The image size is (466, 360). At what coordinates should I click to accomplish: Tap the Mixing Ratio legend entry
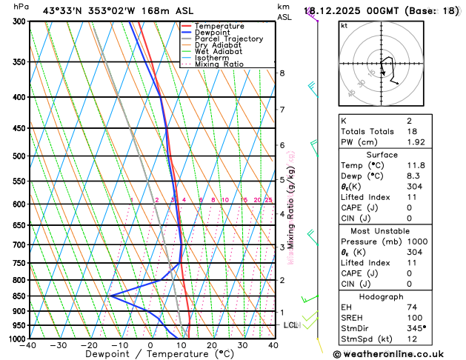click(x=219, y=64)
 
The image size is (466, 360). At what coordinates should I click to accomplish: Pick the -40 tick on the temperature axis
click(x=29, y=345)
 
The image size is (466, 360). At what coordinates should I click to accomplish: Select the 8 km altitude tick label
click(x=282, y=73)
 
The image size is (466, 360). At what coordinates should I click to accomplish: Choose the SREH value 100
click(x=413, y=317)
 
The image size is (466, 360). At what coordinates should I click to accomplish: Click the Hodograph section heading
click(x=381, y=296)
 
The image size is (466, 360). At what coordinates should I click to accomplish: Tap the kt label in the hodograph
click(x=344, y=25)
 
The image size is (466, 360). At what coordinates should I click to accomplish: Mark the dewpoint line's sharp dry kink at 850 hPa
click(x=111, y=296)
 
